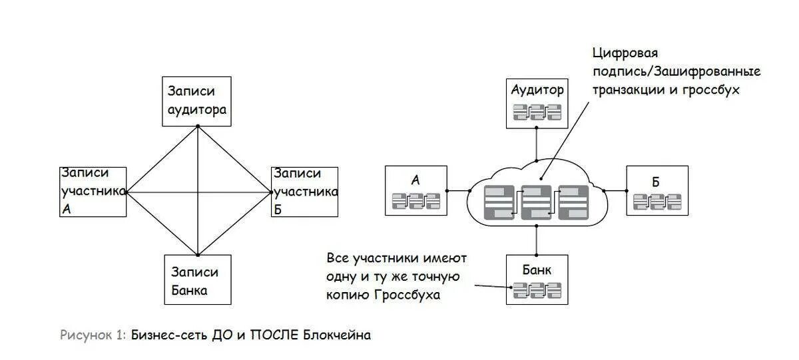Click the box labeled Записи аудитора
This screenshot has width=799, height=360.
pos(197,101)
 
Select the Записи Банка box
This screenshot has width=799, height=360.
pos(197,280)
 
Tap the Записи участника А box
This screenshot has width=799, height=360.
pos(93,191)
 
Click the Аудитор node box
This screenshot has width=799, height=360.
pos(537,101)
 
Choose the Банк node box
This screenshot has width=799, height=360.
pos(537,280)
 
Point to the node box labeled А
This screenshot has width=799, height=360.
pos(415,190)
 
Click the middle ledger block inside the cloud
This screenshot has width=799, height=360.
pos(536,202)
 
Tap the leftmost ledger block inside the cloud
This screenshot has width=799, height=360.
pos(499,202)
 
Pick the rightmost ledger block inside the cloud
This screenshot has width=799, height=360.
pos(573,202)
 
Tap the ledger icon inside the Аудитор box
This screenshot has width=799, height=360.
pos(537,112)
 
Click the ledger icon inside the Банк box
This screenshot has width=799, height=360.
pos(537,289)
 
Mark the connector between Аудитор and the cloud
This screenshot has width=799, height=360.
pos(536,143)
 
